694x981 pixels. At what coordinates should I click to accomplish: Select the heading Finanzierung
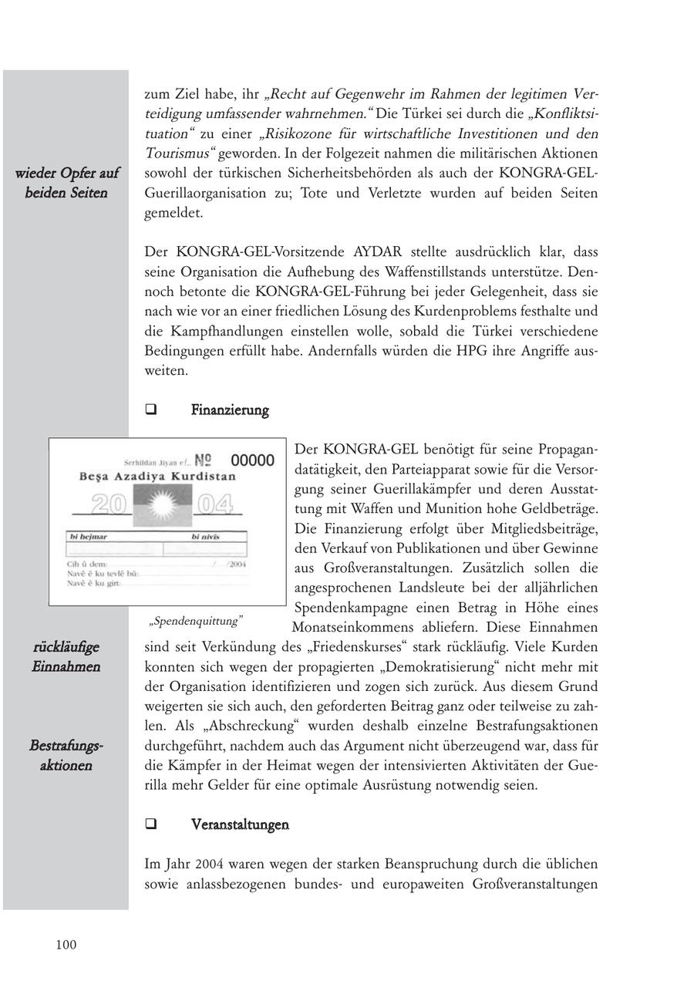coord(230,410)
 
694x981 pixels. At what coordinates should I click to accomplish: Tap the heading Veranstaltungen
coord(240,825)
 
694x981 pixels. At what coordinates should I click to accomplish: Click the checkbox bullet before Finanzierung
coord(150,410)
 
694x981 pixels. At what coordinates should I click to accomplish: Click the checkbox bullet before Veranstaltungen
coord(150,825)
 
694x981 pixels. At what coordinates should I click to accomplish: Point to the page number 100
coord(66,945)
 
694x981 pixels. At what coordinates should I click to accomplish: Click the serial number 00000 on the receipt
coord(252,460)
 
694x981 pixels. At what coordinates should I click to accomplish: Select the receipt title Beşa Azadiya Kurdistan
coord(157,477)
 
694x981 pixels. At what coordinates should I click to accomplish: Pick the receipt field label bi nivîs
coord(207,536)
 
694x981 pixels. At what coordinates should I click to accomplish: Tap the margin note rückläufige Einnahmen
coord(66,656)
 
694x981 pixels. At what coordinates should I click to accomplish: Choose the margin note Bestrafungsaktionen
coord(66,756)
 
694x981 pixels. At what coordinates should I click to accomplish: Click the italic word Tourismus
coord(177,153)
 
